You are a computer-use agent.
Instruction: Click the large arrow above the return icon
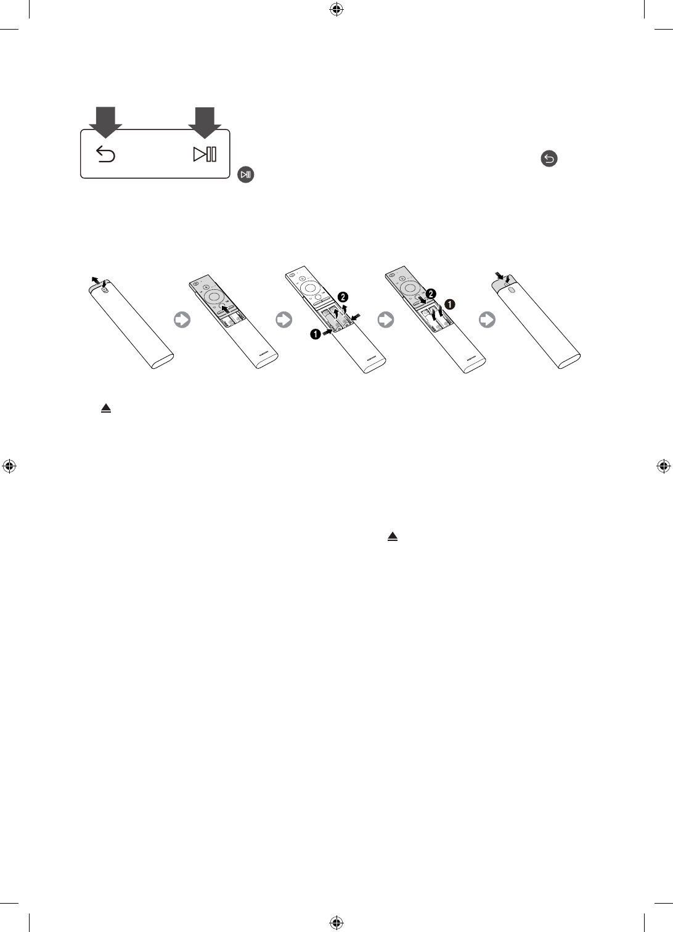(105, 120)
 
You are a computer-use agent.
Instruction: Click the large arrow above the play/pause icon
(205, 120)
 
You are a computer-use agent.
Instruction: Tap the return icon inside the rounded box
(106, 155)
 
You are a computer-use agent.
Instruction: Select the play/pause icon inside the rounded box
(205, 155)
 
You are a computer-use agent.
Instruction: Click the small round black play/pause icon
(246, 175)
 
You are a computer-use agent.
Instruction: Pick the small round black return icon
(549, 159)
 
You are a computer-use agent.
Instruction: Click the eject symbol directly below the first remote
(106, 408)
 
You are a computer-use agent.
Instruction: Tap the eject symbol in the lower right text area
(392, 537)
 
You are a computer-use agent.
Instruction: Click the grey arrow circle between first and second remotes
(182, 320)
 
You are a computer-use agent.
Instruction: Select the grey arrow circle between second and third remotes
(284, 320)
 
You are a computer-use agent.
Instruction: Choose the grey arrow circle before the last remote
(487, 320)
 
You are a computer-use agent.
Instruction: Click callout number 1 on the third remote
(315, 333)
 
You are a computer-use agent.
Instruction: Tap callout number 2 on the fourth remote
(432, 292)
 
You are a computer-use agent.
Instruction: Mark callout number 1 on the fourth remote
(450, 304)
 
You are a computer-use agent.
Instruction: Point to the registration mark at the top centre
(336, 9)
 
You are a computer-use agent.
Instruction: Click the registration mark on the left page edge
(9, 466)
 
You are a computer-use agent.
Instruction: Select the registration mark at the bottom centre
(336, 923)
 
